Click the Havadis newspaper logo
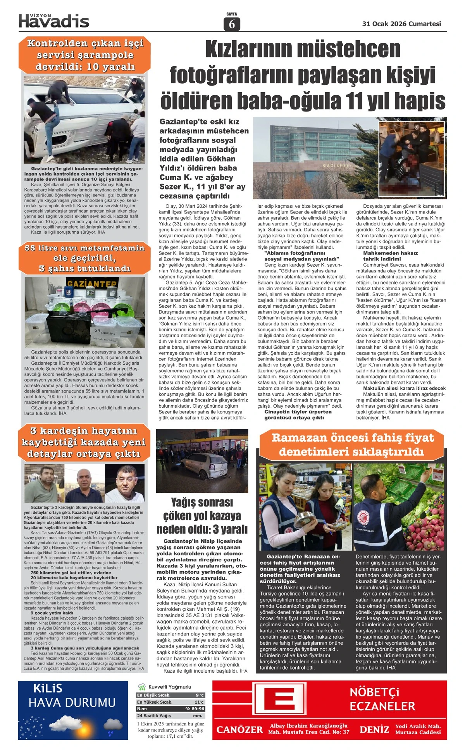point(54,21)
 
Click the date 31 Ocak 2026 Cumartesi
point(401,24)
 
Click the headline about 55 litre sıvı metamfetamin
point(84,258)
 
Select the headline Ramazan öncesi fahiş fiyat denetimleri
point(352,444)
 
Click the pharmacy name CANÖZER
point(239,729)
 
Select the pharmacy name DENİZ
point(374,729)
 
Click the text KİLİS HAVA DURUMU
point(72,696)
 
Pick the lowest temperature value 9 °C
point(199,695)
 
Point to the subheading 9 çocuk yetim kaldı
point(52,613)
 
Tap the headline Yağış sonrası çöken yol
point(201,516)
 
